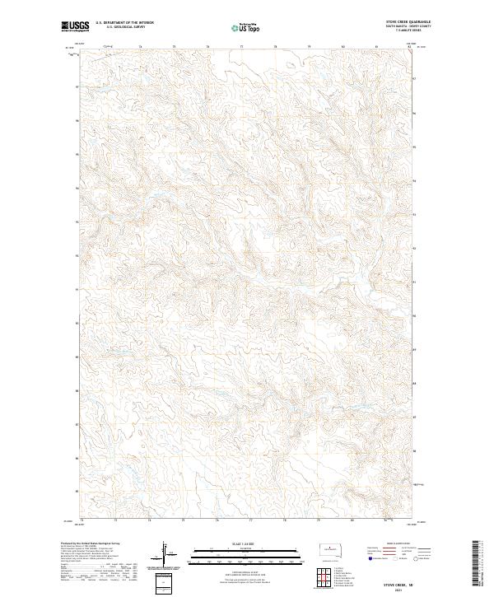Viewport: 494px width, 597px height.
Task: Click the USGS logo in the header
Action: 76,26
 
